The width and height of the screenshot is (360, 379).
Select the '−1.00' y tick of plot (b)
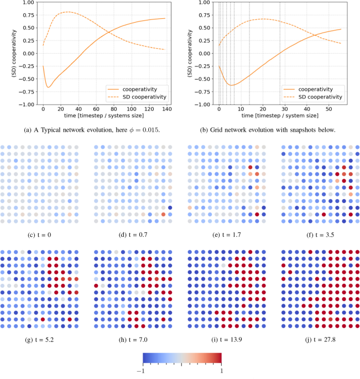(202, 104)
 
